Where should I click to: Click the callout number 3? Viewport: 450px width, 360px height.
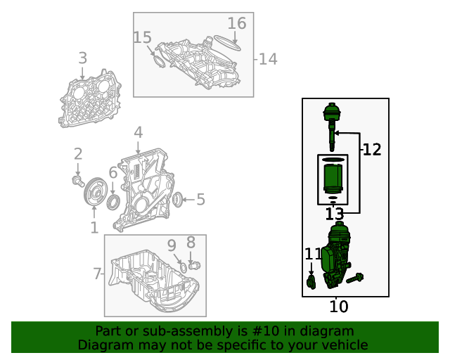click(x=83, y=58)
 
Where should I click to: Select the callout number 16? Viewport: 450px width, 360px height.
click(x=237, y=24)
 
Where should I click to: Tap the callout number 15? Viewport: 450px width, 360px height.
click(x=142, y=37)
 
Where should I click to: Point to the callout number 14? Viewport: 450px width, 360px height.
click(x=268, y=59)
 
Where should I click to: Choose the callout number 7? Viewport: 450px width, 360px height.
click(x=98, y=274)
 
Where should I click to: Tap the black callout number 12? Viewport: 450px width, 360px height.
click(x=372, y=149)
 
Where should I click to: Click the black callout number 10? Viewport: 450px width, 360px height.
click(x=339, y=307)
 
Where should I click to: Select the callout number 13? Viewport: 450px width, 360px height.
click(x=334, y=214)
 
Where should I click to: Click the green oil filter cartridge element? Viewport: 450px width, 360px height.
click(x=333, y=179)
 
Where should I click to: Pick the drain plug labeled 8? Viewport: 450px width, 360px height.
click(x=195, y=265)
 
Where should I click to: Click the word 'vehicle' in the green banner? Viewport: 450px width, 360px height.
click(x=342, y=345)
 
